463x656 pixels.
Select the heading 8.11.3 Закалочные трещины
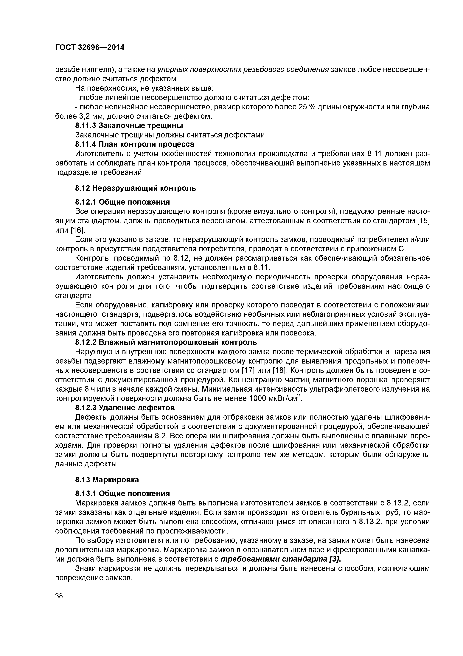129,125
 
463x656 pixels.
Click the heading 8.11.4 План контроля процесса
135,144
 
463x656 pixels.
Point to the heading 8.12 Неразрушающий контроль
136,188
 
